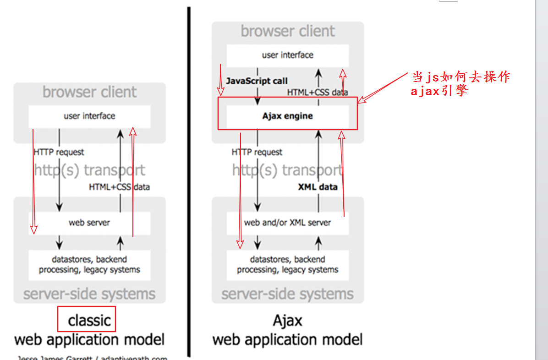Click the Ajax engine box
(x=287, y=116)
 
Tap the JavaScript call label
(x=257, y=81)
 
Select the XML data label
(x=318, y=187)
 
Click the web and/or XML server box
(x=287, y=223)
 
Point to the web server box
(x=89, y=223)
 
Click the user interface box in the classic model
(x=89, y=116)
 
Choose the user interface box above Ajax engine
(x=287, y=55)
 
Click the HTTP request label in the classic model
(x=59, y=152)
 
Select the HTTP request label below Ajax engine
(x=257, y=152)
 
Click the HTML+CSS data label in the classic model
(x=119, y=187)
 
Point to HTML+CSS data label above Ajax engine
(x=318, y=92)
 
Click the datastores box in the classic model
(x=89, y=265)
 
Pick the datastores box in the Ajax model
(x=287, y=265)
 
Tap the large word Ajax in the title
(x=287, y=320)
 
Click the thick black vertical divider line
(x=188, y=183)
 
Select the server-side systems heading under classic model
(x=89, y=294)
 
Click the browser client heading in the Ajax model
(x=287, y=31)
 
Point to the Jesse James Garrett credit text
(x=92, y=357)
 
